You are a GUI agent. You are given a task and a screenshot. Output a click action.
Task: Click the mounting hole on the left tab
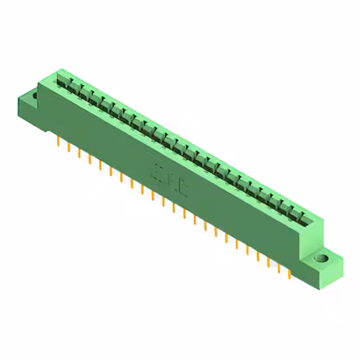[34, 96]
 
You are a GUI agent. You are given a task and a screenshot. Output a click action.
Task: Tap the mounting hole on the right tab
[321, 259]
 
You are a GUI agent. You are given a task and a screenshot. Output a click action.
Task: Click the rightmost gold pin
[290, 274]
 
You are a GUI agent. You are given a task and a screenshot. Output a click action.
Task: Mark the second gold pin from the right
[280, 268]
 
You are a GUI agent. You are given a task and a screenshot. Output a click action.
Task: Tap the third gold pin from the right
[269, 262]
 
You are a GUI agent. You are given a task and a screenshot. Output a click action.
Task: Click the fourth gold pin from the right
[258, 255]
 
